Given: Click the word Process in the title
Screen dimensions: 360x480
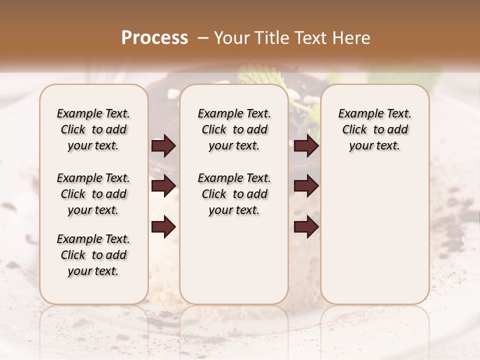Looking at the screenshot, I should (x=154, y=37).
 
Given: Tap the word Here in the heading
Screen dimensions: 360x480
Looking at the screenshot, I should (x=352, y=37).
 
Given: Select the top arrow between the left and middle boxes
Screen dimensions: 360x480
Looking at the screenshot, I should (x=163, y=145).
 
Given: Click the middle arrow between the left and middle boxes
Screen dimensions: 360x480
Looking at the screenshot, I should (x=163, y=186).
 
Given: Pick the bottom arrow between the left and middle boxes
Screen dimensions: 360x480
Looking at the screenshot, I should (x=163, y=227).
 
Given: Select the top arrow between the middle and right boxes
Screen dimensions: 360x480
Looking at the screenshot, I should (x=306, y=145).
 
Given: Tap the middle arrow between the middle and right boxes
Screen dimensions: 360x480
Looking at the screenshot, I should (x=306, y=186).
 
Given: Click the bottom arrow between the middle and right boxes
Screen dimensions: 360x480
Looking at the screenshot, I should (x=306, y=227).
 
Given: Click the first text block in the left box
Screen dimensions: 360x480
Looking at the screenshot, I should (x=93, y=129).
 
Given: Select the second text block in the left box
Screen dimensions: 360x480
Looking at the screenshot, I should (x=93, y=194).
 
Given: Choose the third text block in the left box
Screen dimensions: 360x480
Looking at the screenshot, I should (x=93, y=255).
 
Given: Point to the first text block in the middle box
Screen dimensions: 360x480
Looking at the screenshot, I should (x=234, y=129).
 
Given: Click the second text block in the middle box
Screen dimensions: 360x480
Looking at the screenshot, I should (x=234, y=194).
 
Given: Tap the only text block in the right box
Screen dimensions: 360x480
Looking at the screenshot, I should (x=374, y=129).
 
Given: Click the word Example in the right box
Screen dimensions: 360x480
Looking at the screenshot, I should (x=358, y=113).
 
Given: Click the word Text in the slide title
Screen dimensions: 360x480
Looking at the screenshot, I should (x=310, y=37).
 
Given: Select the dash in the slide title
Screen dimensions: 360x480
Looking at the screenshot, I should (x=202, y=37).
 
